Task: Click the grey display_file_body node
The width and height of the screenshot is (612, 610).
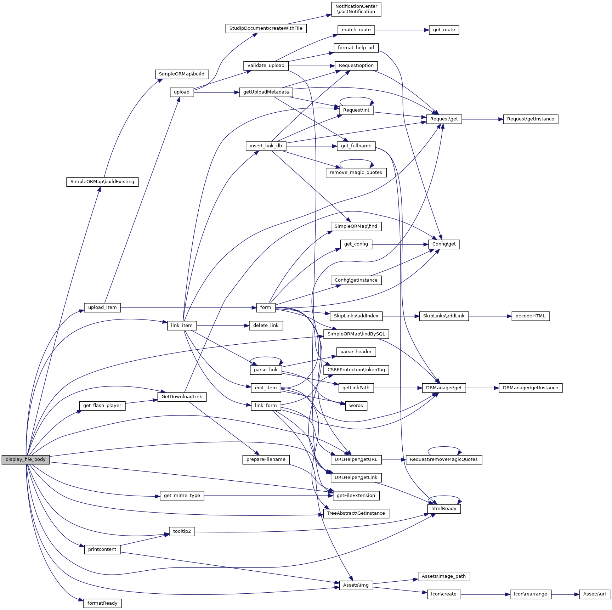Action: click(25, 459)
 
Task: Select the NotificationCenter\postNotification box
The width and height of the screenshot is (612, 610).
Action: click(356, 9)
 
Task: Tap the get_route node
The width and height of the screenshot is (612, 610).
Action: click(444, 30)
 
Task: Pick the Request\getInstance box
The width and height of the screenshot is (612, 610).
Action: click(530, 119)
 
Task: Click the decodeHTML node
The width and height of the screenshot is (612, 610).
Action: click(530, 316)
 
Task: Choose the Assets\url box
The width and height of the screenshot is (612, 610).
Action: click(594, 594)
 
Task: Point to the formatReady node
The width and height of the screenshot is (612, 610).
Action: click(102, 603)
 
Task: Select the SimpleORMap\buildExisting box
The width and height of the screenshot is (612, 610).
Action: click(102, 182)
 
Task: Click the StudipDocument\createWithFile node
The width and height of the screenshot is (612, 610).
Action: click(266, 28)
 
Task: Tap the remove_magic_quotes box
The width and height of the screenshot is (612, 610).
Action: click(356, 173)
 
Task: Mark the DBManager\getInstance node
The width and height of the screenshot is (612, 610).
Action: click(530, 388)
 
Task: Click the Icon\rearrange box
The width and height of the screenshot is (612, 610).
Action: click(530, 594)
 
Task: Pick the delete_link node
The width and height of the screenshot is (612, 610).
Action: click(266, 326)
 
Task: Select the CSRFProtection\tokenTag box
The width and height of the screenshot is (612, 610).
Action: click(356, 370)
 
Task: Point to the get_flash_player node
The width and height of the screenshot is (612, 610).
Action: click(102, 406)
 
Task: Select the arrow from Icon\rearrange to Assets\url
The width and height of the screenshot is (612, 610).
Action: click(565, 594)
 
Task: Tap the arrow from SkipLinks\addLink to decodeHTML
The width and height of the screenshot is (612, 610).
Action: click(490, 316)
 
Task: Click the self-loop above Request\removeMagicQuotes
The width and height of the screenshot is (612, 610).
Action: click(444, 447)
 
